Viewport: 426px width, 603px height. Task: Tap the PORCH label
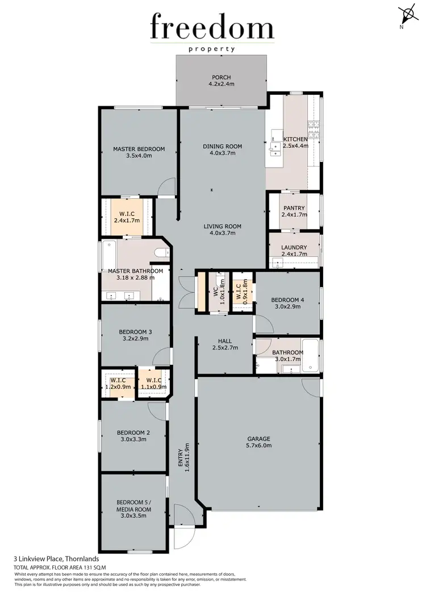(221, 78)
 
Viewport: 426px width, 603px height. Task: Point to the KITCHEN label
(295, 139)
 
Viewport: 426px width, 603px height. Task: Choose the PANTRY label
(294, 208)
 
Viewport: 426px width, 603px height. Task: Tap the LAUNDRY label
(294, 247)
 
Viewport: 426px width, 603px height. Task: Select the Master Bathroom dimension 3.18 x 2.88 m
(135, 278)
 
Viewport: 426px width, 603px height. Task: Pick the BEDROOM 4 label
(288, 300)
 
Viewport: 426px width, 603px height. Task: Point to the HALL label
(224, 341)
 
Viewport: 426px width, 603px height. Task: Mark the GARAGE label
(258, 439)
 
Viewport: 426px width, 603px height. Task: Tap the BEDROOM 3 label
(135, 332)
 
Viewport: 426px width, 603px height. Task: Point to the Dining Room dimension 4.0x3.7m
(222, 153)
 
